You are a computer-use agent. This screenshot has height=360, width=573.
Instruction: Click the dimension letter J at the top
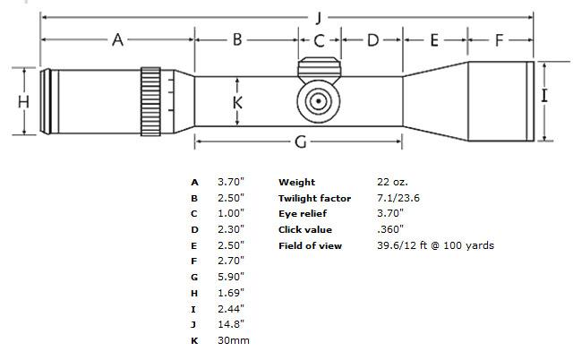[x=319, y=17]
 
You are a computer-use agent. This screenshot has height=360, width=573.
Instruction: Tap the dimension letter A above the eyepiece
[x=117, y=39]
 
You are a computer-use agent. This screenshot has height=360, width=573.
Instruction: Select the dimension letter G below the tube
[x=301, y=141]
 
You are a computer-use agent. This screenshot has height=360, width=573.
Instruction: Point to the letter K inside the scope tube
[x=237, y=102]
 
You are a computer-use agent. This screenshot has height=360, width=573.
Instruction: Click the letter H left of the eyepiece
[x=23, y=101]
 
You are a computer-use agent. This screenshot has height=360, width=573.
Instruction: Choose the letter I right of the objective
[x=544, y=94]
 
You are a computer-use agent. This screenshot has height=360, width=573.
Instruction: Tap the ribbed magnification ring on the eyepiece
[x=150, y=101]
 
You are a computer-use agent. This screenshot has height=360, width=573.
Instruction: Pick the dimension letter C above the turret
[x=319, y=39]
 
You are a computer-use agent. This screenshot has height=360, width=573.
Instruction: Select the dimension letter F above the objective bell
[x=500, y=39]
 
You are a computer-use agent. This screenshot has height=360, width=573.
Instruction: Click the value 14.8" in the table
[x=230, y=324]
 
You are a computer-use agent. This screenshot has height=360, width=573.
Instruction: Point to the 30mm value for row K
[x=234, y=340]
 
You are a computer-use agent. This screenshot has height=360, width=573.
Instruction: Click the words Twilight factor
[x=314, y=198]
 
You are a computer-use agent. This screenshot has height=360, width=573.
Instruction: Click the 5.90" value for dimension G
[x=231, y=277]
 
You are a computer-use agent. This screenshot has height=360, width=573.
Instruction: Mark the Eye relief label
[x=303, y=213]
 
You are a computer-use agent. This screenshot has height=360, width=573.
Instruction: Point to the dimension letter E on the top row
[x=434, y=39]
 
